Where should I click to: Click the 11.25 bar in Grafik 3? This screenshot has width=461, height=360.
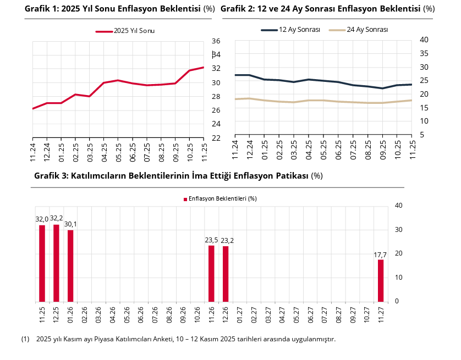(42, 263)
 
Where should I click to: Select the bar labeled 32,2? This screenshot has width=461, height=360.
(56, 263)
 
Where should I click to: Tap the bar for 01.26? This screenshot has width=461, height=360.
(70, 265)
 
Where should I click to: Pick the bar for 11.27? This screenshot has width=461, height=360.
(381, 280)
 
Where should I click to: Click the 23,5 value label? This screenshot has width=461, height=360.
(211, 240)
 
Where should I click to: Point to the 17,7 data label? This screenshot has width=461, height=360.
(380, 255)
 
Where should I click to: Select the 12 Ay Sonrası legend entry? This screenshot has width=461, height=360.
(291, 30)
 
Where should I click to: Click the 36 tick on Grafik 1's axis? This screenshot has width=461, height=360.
(216, 41)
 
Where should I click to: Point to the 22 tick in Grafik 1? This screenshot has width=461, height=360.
(216, 138)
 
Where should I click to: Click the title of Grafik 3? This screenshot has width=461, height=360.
(178, 176)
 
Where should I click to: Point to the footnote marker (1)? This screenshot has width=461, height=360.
(25, 339)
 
